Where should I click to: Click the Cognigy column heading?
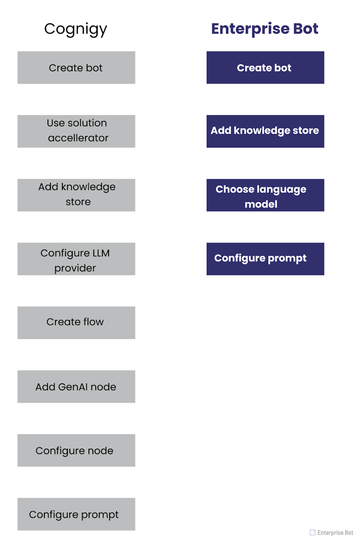76,29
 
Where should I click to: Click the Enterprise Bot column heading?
264,29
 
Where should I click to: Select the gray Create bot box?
76,67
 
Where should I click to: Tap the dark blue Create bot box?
265,67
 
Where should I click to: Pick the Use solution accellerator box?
76,131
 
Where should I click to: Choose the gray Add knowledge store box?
76,195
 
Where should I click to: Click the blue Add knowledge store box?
265,131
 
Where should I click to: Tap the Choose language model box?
265,195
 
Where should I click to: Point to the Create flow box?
76,323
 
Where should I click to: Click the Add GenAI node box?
76,386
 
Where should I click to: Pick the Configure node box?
76,450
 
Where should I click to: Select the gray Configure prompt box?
76,514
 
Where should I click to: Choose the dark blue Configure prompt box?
265,259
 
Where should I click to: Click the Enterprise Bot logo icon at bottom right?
312,532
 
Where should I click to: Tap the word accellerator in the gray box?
78,138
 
